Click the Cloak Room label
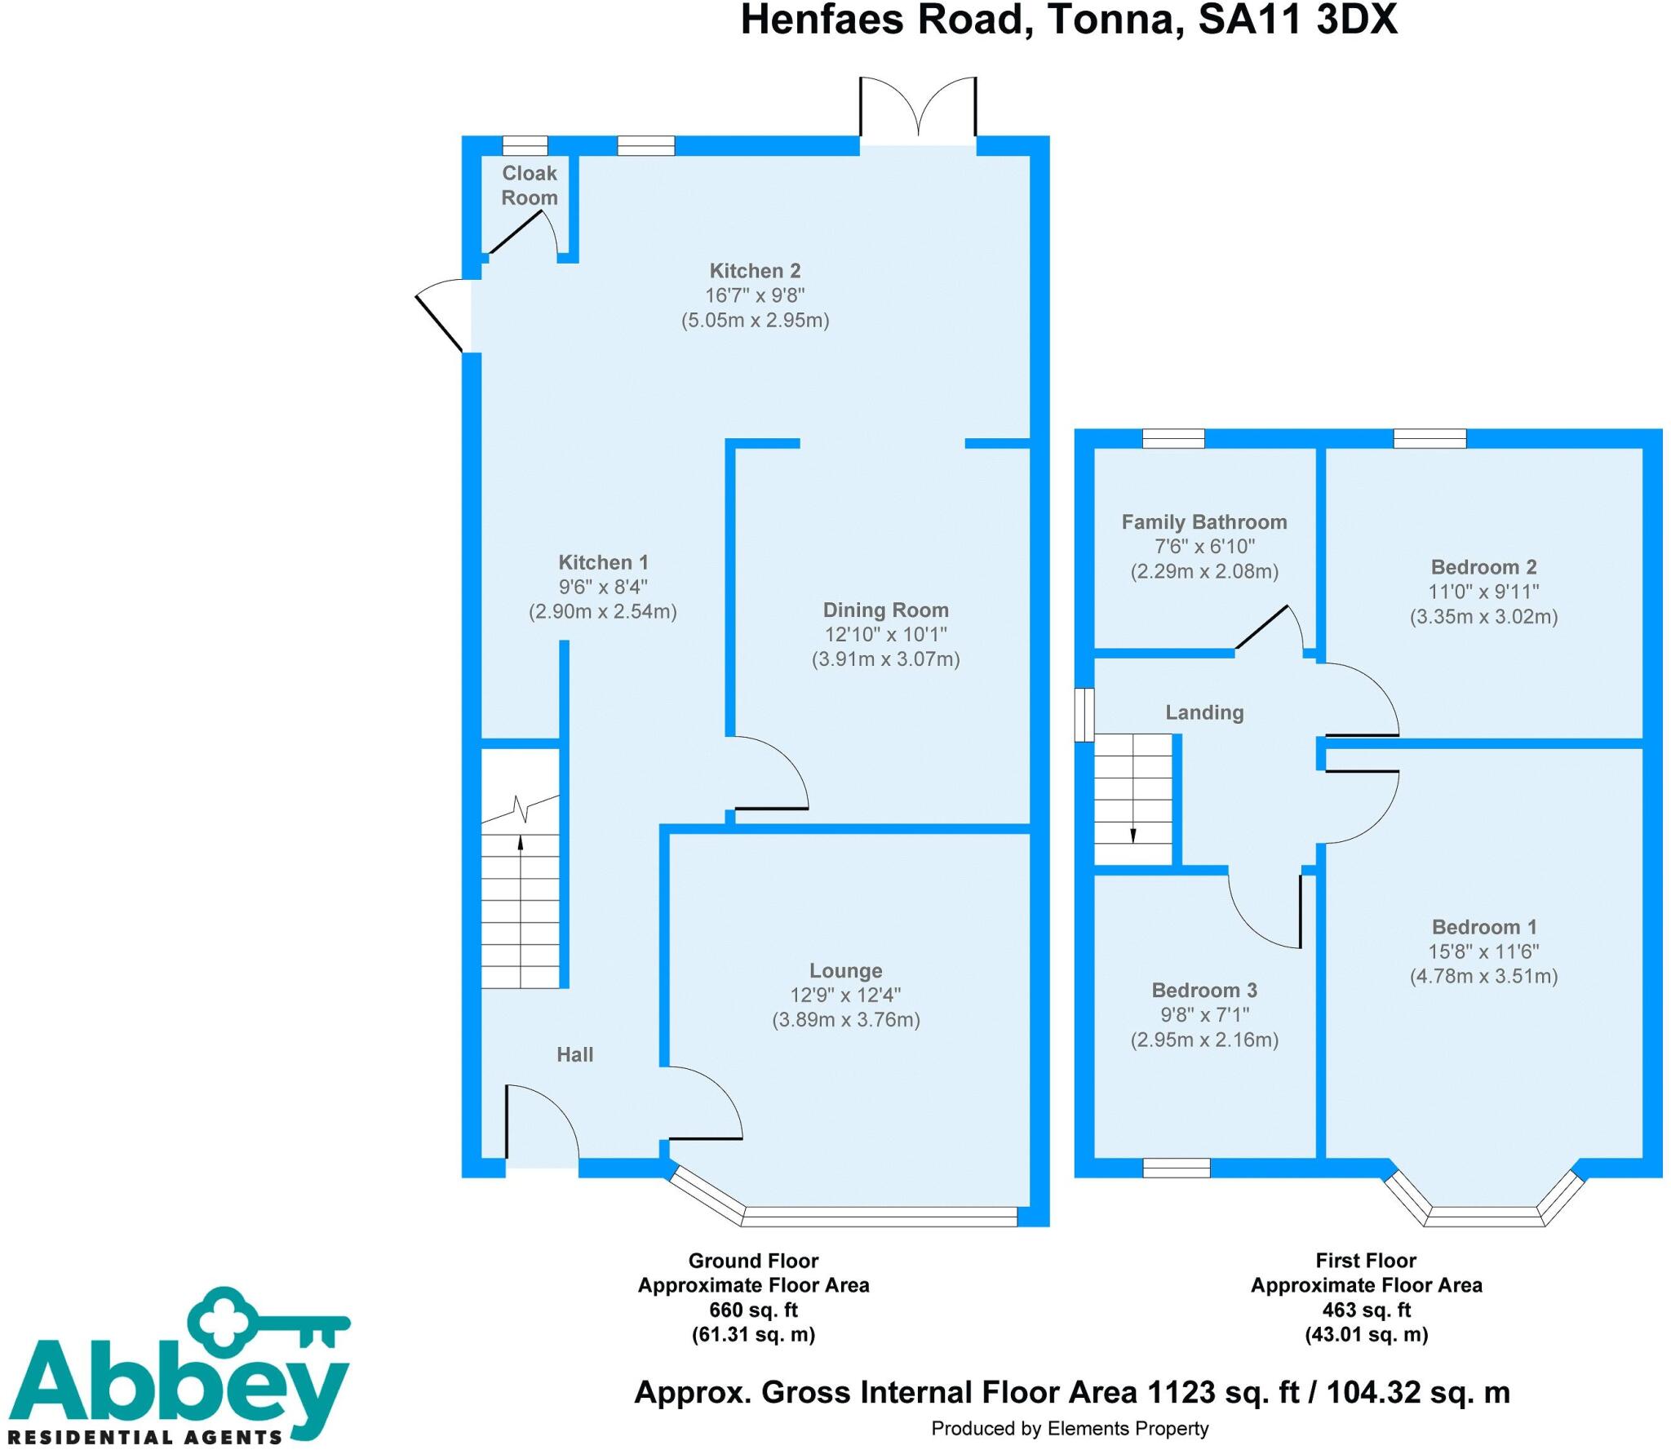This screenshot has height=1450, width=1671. pyautogui.click(x=529, y=185)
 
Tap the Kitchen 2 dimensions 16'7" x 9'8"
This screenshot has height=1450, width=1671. pyautogui.click(x=755, y=295)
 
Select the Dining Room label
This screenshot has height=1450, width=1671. pyautogui.click(x=885, y=610)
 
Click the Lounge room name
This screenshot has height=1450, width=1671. pyautogui.click(x=845, y=970)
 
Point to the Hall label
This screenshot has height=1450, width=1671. pyautogui.click(x=574, y=1054)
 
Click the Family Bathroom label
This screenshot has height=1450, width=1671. pyautogui.click(x=1203, y=522)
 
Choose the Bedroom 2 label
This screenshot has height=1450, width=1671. pyautogui.click(x=1483, y=567)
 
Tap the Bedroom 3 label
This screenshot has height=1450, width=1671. pyautogui.click(x=1203, y=991)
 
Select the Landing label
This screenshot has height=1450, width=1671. pyautogui.click(x=1203, y=712)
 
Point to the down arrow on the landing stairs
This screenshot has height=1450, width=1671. pyautogui.click(x=1132, y=833)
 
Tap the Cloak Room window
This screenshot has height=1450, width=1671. pyautogui.click(x=525, y=145)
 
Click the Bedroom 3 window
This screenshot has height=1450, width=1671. pyautogui.click(x=1176, y=1168)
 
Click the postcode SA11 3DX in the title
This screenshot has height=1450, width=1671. pyautogui.click(x=1297, y=20)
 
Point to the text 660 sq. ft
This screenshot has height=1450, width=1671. pyautogui.click(x=753, y=1310)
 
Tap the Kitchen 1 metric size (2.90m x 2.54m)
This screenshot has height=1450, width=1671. pyautogui.click(x=602, y=611)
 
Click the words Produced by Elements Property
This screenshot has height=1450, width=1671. pyautogui.click(x=1070, y=1428)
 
